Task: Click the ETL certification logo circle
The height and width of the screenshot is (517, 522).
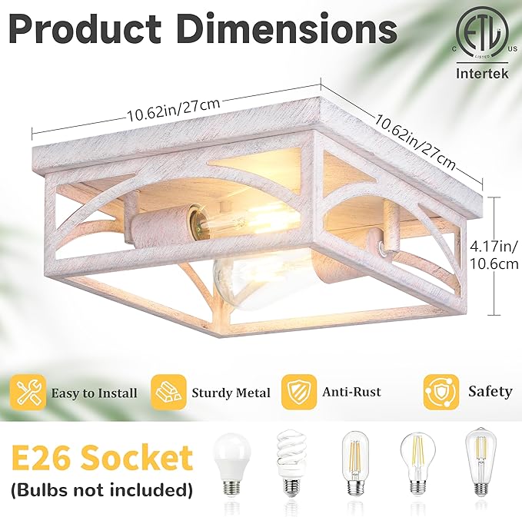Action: pyautogui.click(x=482, y=32)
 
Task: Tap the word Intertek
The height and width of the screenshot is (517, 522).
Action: pyautogui.click(x=482, y=73)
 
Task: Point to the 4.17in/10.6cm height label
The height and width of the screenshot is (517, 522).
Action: pyautogui.click(x=494, y=255)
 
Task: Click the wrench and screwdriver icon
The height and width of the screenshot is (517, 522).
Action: pyautogui.click(x=28, y=393)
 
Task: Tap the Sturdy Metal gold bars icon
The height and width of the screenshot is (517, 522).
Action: pyautogui.click(x=168, y=393)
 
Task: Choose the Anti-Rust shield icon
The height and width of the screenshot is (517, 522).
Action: pyautogui.click(x=298, y=392)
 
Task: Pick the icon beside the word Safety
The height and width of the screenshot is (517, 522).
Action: pyautogui.click(x=441, y=392)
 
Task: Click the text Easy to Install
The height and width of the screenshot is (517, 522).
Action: pyautogui.click(x=94, y=393)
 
